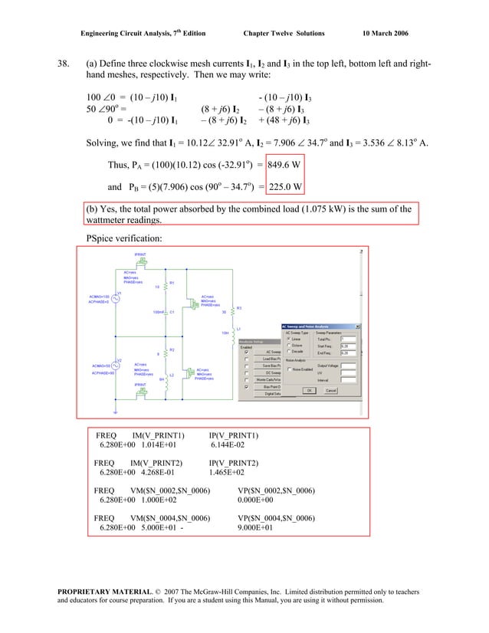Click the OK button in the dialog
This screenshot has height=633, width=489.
point(309,389)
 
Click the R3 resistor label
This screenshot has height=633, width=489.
point(239,307)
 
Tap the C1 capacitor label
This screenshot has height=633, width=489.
point(172,313)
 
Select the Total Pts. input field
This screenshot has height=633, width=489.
point(349,339)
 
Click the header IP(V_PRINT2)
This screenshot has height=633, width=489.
point(234,463)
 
